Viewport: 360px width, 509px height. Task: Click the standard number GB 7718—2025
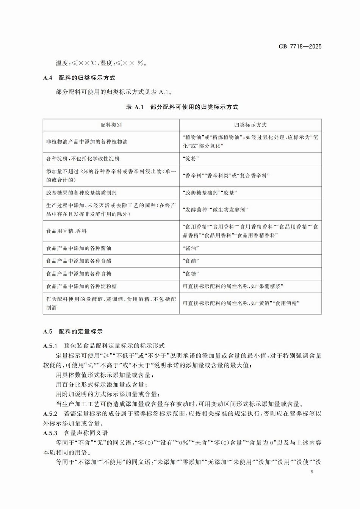pos(300,47)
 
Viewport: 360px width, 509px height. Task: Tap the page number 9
pos(311,472)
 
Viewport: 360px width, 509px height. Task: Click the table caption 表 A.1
pos(135,107)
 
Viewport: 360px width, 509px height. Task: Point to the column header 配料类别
pos(111,125)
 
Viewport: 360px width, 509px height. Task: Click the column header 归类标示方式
pos(250,125)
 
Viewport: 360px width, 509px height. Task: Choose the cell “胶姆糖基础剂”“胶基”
pos(210,193)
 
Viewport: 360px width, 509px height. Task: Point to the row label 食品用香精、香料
pos(67,231)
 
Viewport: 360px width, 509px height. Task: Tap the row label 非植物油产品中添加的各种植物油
pos(87,142)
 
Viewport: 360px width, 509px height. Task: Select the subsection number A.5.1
pos(50,346)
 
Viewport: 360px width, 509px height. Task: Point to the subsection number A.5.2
pos(50,413)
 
